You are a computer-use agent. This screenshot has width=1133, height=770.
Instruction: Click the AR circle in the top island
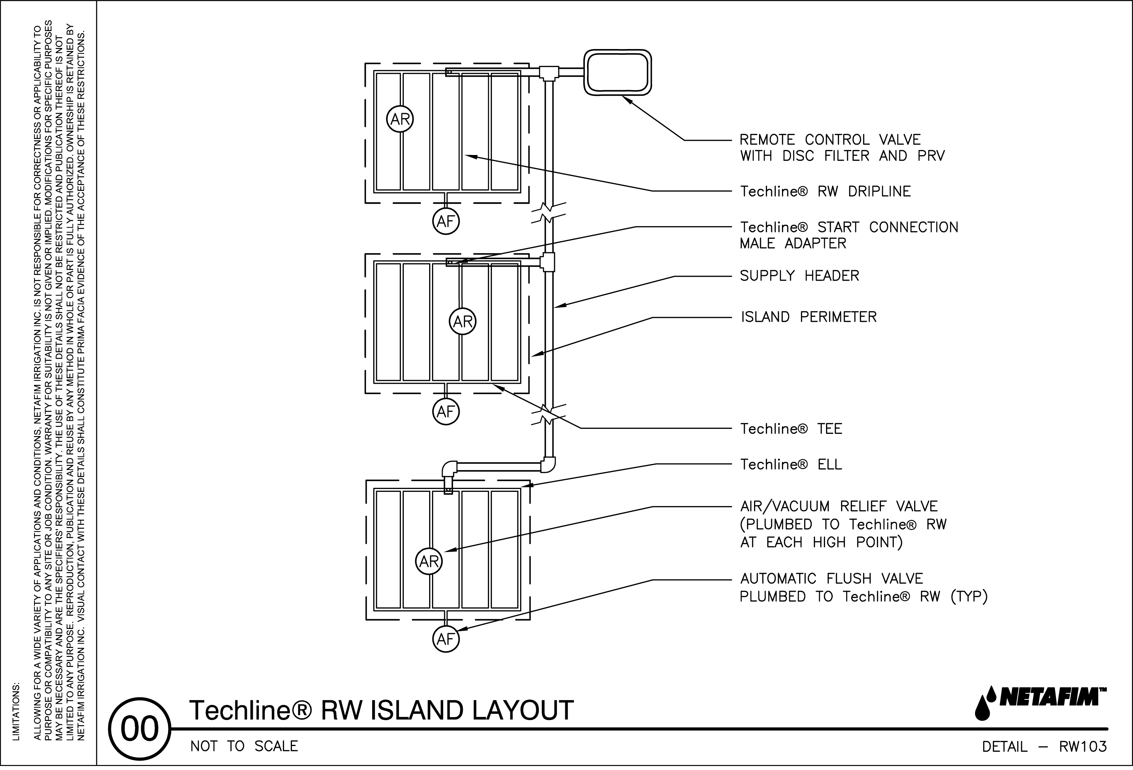(x=400, y=120)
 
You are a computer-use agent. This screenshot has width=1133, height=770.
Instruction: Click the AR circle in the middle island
(x=463, y=322)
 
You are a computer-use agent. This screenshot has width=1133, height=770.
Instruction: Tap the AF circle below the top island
(x=446, y=222)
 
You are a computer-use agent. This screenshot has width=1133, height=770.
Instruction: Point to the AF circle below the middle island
(x=446, y=412)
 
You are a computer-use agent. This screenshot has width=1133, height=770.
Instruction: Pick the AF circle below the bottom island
(x=446, y=639)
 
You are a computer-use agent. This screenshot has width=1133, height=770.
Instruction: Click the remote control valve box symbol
(x=618, y=73)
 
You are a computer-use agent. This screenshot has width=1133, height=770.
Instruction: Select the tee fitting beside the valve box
(x=549, y=73)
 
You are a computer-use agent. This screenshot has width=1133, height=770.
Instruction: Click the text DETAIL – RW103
(x=1044, y=747)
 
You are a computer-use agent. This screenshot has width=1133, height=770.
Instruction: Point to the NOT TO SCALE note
(x=244, y=747)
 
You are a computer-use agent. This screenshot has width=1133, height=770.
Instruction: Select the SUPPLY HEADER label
(x=799, y=276)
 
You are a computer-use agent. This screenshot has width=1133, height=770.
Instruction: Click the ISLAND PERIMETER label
(x=808, y=317)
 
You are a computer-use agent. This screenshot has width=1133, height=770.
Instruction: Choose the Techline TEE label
(x=791, y=429)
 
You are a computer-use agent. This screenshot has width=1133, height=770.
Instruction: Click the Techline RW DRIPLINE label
(x=825, y=192)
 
